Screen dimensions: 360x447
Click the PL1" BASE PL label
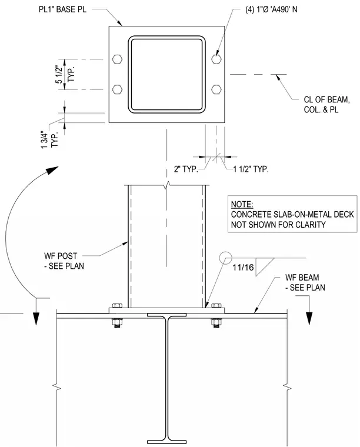click(62, 9)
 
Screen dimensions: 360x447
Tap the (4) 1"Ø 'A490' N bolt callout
click(271, 9)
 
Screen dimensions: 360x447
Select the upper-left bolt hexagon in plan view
click(118, 59)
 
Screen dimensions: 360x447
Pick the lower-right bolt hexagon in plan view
click(216, 89)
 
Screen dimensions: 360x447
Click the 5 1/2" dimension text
click(58, 75)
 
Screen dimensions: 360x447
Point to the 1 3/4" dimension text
click(44, 140)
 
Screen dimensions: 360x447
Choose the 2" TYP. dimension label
click(186, 169)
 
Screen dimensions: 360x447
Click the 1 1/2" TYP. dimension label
click(251, 169)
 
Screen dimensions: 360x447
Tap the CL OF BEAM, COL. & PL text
click(326, 104)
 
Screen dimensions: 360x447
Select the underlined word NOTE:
click(242, 204)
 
